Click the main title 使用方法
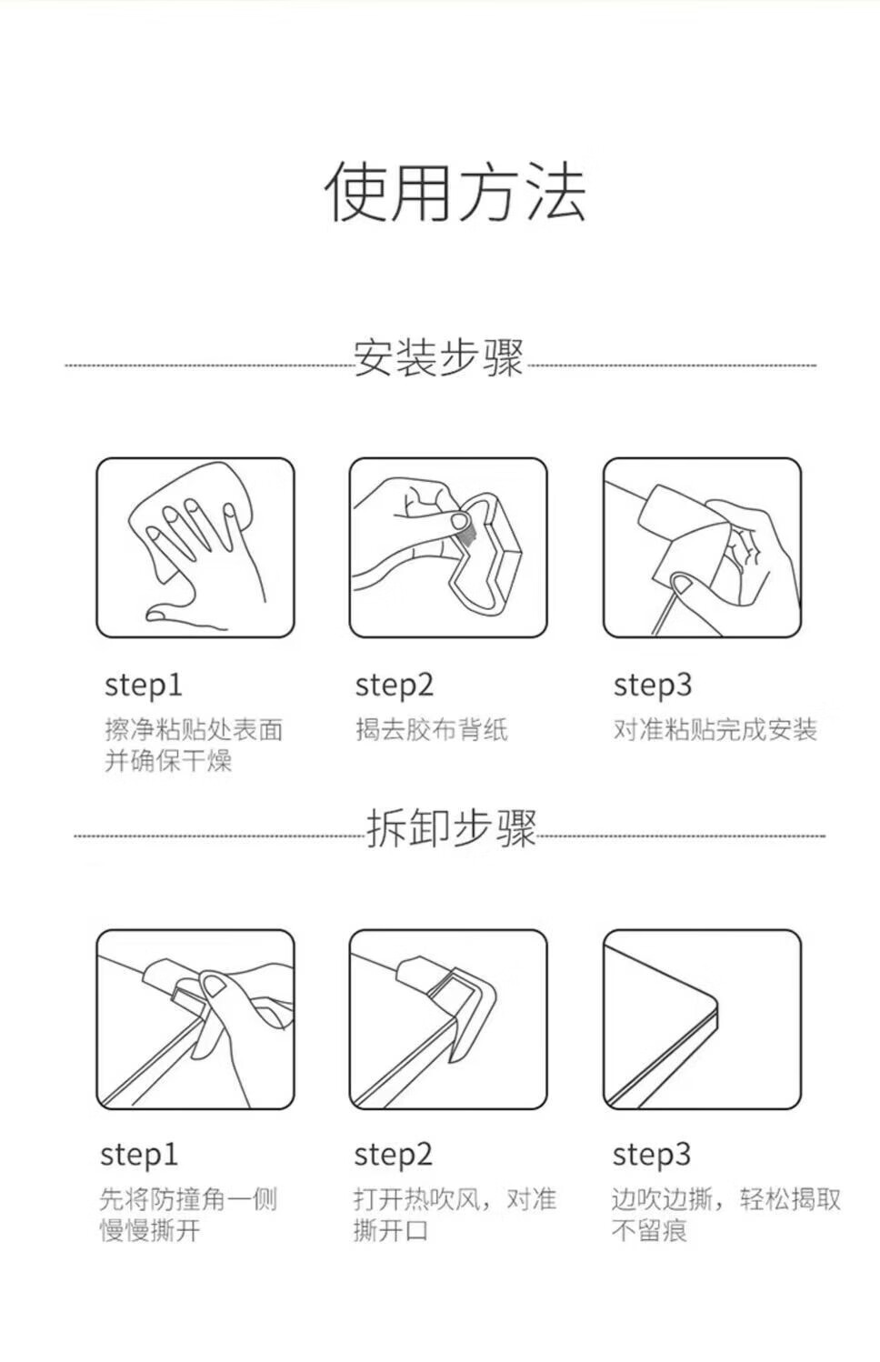point(455,192)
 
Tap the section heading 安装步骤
point(438,357)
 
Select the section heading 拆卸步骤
point(451,828)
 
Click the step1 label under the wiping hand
point(144,686)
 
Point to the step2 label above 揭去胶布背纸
point(395,686)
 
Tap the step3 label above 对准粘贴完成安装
point(653,686)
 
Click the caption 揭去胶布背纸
point(432,729)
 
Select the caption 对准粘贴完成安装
point(715,729)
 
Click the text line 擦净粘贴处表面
point(194,729)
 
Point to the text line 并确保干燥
point(168,761)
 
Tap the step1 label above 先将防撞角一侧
point(139,1155)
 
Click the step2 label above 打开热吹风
point(394,1155)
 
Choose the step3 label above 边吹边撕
point(651,1155)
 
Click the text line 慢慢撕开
point(150,1230)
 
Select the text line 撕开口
point(391,1230)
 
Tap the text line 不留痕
point(649,1230)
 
